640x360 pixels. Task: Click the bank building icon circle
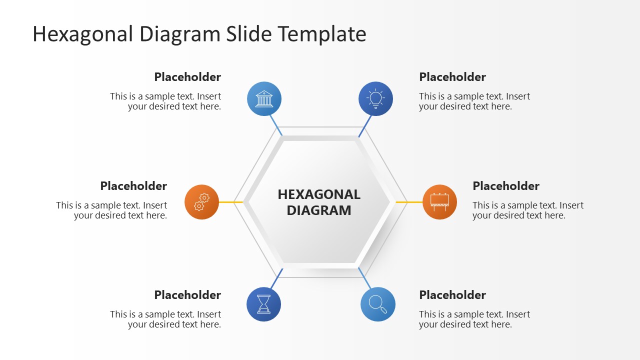[264, 98]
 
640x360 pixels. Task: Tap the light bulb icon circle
[375, 98]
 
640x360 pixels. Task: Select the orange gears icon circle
[201, 202]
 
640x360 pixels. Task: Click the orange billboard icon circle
[439, 202]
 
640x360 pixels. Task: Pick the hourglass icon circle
[263, 304]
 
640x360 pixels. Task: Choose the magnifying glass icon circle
[377, 304]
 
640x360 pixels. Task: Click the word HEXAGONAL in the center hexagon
[319, 194]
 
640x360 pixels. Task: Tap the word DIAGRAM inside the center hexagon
[319, 210]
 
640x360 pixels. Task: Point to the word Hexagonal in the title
[83, 34]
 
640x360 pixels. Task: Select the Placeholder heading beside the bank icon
[187, 77]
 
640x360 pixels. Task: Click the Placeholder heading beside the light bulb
[452, 77]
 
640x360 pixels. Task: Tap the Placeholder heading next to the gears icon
[133, 186]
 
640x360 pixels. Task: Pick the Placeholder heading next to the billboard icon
[506, 186]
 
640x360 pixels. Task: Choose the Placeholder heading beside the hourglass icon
[187, 295]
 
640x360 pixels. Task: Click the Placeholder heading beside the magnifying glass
[452, 295]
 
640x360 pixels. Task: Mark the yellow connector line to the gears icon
[231, 202]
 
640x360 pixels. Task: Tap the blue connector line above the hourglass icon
[276, 278]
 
